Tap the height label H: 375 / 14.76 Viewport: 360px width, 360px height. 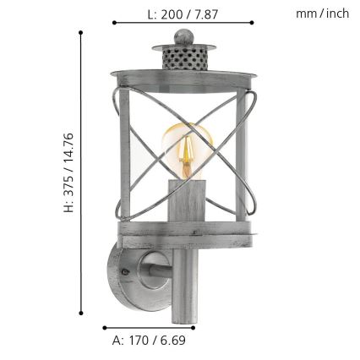coord(69,172)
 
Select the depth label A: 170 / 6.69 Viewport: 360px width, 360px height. coord(149,341)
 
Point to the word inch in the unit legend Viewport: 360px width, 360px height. coord(337,14)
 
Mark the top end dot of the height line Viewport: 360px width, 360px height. coord(81,33)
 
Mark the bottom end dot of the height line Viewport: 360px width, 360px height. coord(81,311)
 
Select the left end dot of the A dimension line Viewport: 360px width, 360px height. coord(104,328)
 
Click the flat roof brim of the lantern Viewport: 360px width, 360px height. coord(183,72)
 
